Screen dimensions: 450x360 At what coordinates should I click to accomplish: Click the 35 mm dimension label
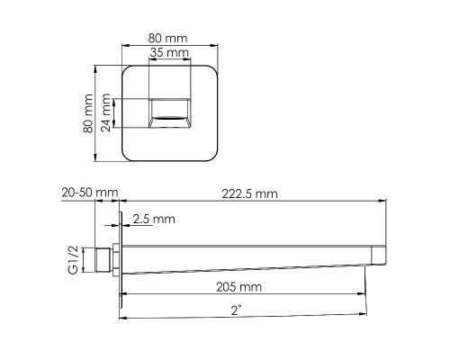click(x=169, y=52)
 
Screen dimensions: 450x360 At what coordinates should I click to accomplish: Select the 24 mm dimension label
click(x=105, y=112)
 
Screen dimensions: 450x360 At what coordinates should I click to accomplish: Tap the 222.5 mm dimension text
click(x=249, y=193)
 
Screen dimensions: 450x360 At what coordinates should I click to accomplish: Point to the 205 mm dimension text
click(x=238, y=287)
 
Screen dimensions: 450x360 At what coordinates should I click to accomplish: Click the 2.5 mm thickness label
click(x=154, y=219)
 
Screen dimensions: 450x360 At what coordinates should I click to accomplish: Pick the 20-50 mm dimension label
click(x=90, y=193)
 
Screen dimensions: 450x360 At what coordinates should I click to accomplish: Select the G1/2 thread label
click(x=73, y=260)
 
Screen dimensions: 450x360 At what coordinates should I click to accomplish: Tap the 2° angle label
click(x=237, y=310)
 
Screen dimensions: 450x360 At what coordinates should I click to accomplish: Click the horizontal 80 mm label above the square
click(x=167, y=38)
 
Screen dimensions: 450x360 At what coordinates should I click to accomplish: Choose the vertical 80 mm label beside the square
click(x=88, y=113)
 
